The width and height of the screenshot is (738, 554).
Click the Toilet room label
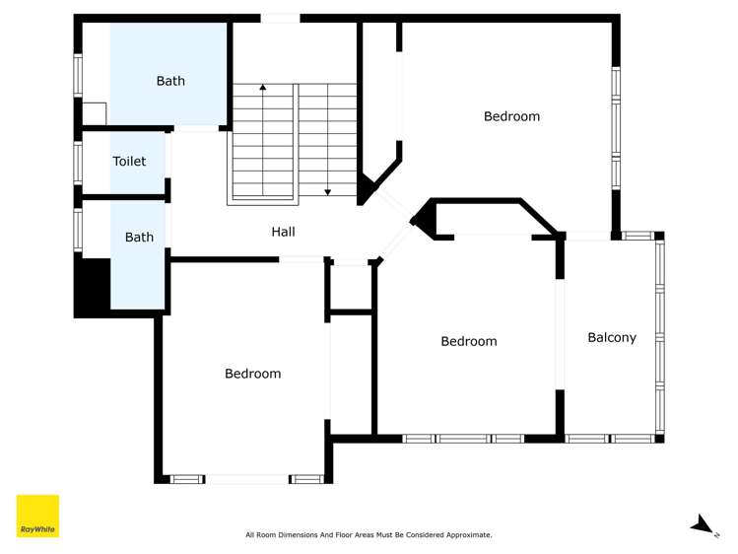coord(129,162)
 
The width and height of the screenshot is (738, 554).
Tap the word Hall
coord(283,232)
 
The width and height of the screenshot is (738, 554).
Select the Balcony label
coord(612,337)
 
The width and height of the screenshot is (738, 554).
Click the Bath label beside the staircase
coord(170,81)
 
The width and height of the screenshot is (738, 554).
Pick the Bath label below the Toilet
coord(139,237)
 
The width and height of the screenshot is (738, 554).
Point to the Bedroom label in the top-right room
coord(511,116)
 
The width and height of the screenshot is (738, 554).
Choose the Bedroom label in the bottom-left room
coord(252,374)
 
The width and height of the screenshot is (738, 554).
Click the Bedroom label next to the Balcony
coord(468,341)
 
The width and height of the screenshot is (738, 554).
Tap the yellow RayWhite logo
coord(37,516)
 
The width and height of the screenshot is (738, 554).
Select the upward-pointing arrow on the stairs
coord(263,89)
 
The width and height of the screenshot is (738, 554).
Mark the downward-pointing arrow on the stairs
coord(327,191)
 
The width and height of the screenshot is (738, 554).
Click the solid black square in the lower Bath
coord(94,286)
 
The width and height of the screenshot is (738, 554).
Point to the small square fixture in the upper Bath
coord(94,113)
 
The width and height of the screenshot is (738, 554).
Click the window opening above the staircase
coord(280,18)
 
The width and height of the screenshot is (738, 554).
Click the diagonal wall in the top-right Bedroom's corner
coord(384,172)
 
